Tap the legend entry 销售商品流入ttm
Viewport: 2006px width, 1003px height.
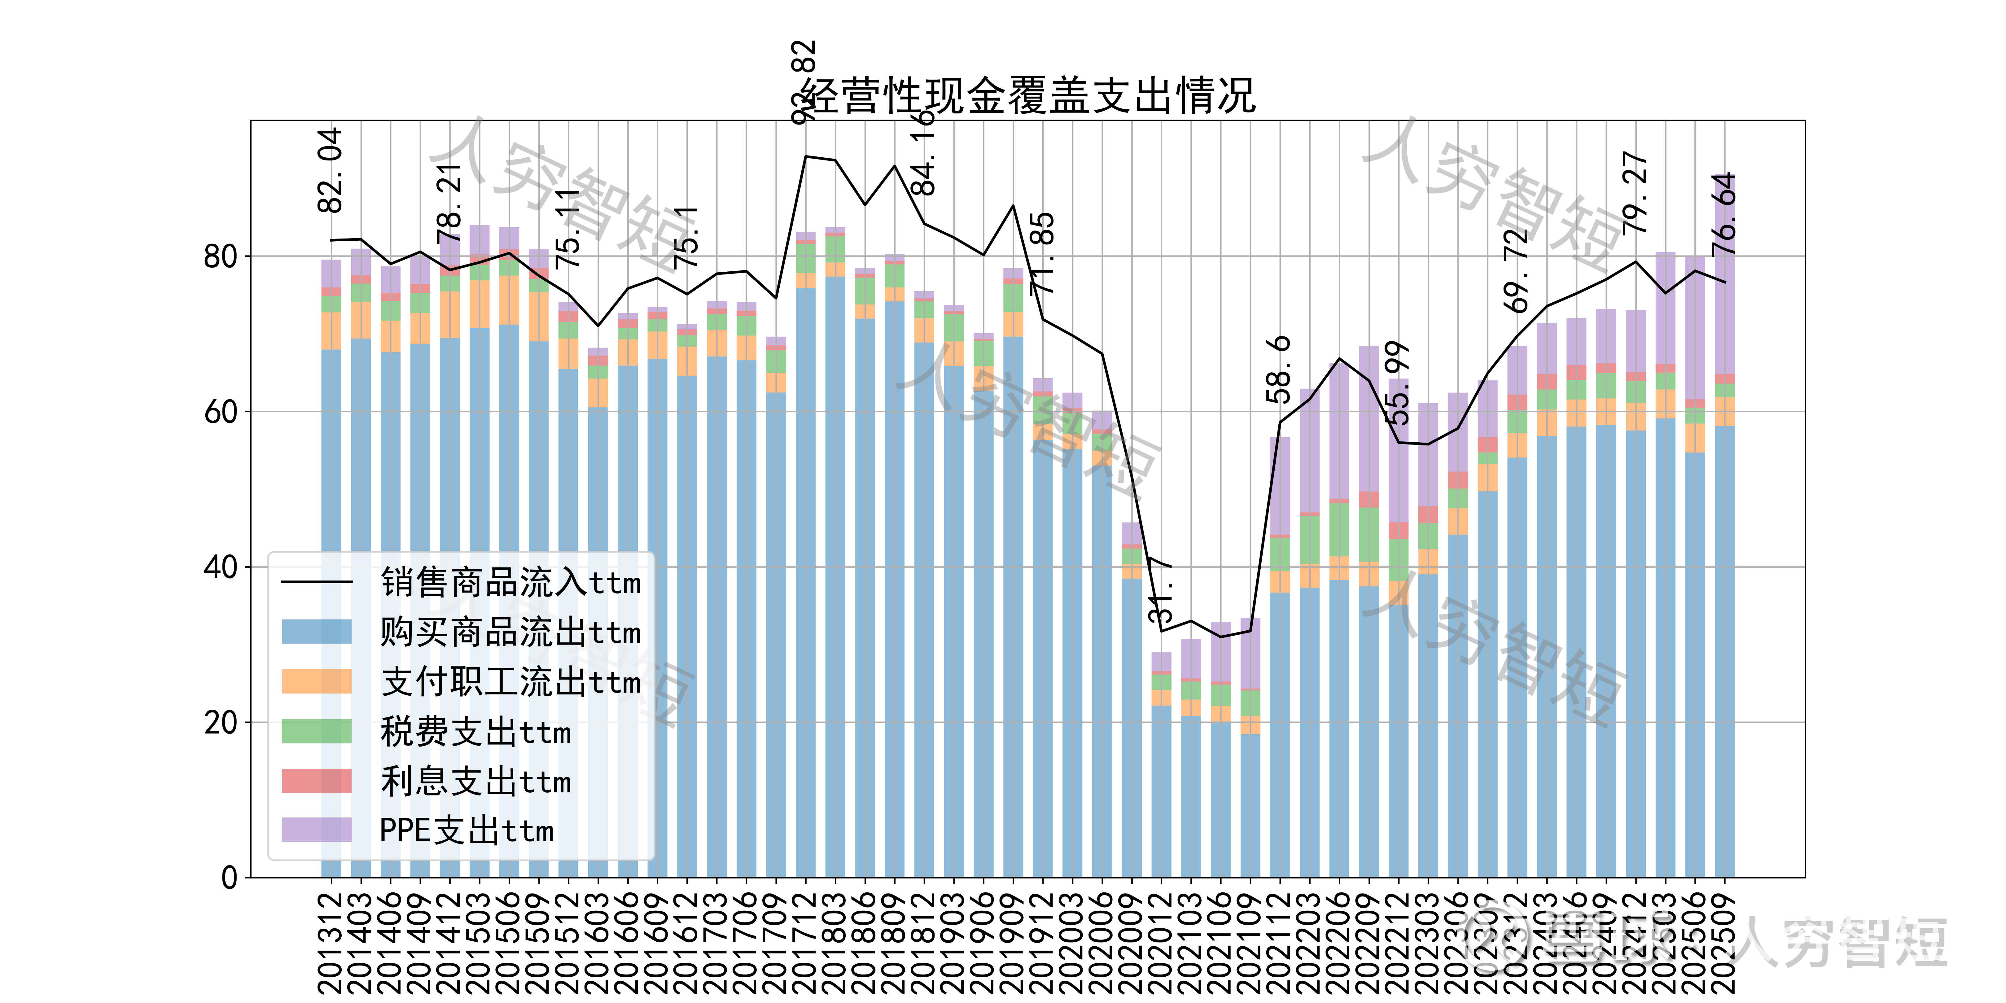pyautogui.click(x=510, y=582)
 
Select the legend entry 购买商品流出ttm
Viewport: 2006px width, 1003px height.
pyautogui.click(x=510, y=632)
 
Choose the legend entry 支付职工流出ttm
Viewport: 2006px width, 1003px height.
pyautogui.click(x=510, y=682)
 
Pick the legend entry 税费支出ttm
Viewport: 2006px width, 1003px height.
pyautogui.click(x=475, y=732)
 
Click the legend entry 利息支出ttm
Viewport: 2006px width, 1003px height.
pyautogui.click(x=475, y=781)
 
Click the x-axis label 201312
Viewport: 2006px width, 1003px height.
pyautogui.click(x=331, y=942)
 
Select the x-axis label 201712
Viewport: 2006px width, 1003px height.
pyautogui.click(x=805, y=942)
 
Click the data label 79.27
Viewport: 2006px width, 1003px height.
pyautogui.click(x=1635, y=193)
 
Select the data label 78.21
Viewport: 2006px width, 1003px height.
pyautogui.click(x=449, y=204)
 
